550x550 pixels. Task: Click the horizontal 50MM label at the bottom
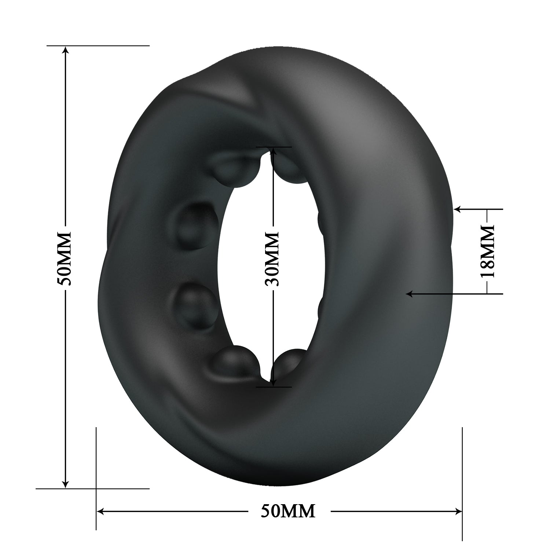288,511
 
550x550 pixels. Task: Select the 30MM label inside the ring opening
272,259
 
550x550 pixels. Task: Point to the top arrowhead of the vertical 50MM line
66,49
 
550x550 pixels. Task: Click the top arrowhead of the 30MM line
272,151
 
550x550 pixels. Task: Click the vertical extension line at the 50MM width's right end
462,477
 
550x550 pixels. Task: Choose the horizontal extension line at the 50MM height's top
99,45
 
